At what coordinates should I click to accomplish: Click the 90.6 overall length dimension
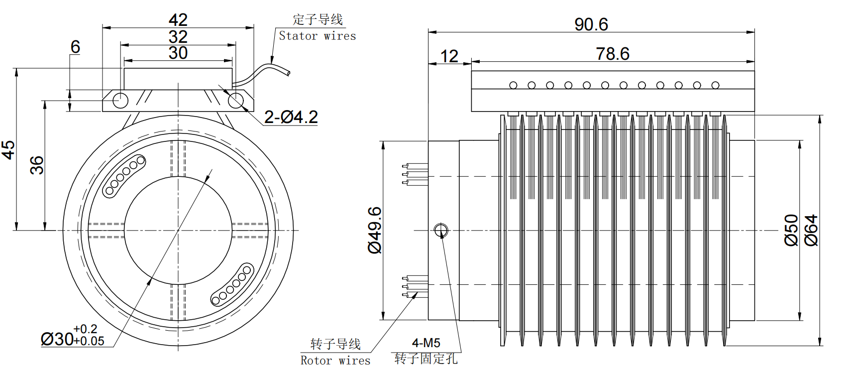click(591, 24)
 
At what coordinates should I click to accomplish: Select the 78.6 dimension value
click(613, 54)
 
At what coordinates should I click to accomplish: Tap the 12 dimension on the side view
click(449, 56)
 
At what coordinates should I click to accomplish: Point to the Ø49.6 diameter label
click(375, 230)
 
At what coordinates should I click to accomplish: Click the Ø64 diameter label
click(811, 230)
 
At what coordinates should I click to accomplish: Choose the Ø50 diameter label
click(791, 230)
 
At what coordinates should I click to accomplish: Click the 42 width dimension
click(178, 20)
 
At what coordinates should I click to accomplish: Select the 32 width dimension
click(178, 37)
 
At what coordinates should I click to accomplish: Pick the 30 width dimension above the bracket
click(178, 53)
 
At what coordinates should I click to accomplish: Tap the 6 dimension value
click(75, 47)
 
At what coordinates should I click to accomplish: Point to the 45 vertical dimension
click(8, 149)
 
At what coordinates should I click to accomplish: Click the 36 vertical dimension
click(37, 165)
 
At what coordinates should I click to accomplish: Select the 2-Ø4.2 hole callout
click(291, 117)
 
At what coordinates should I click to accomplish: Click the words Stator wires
click(317, 36)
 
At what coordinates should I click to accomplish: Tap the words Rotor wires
click(335, 361)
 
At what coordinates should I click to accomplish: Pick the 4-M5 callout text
click(426, 343)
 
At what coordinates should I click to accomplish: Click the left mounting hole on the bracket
click(120, 100)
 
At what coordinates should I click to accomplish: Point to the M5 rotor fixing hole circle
click(441, 230)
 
